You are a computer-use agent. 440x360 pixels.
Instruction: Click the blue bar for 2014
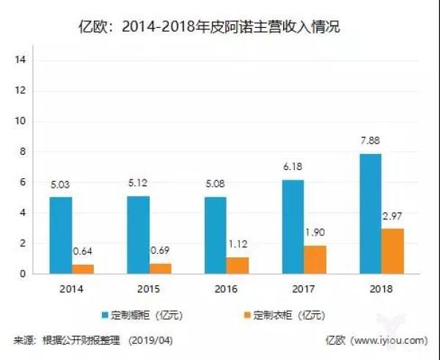pyautogui.click(x=61, y=235)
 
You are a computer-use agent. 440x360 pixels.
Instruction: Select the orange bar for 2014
pyautogui.click(x=83, y=268)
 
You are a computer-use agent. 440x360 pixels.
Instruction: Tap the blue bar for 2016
pyautogui.click(x=215, y=235)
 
